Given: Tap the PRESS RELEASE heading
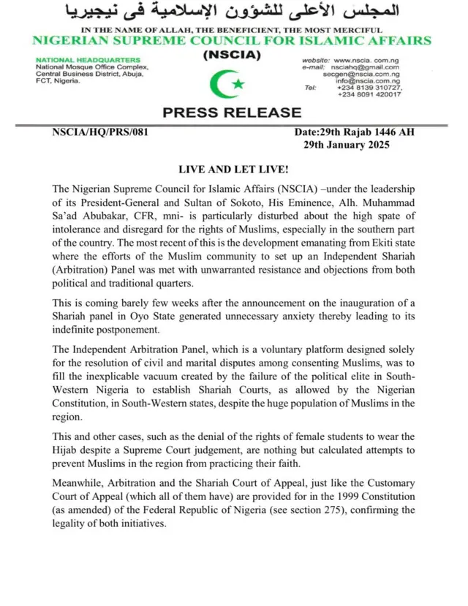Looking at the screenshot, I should [x=232, y=113].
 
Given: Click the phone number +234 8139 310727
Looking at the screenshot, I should [x=369, y=88].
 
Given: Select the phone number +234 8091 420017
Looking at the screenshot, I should [x=369, y=95].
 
